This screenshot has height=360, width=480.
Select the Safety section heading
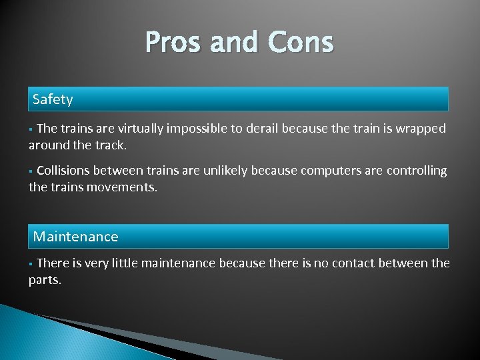[x=53, y=99]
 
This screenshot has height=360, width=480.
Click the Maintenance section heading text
[x=75, y=237]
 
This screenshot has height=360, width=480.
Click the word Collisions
[x=64, y=171]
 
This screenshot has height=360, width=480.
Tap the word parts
[x=45, y=280]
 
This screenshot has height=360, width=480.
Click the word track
[x=109, y=145]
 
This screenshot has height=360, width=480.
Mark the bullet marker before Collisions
[x=31, y=171]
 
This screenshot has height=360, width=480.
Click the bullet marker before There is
[x=31, y=264]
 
